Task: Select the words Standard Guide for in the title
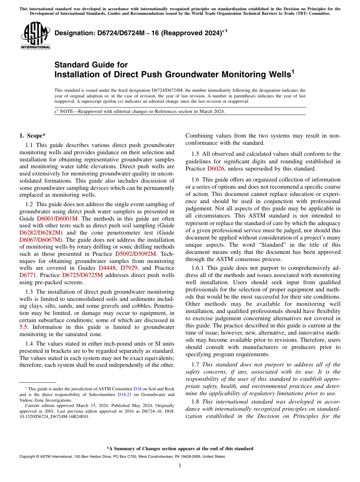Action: point(91,65)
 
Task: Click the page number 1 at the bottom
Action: point(180,466)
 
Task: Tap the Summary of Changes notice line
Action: point(180,449)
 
